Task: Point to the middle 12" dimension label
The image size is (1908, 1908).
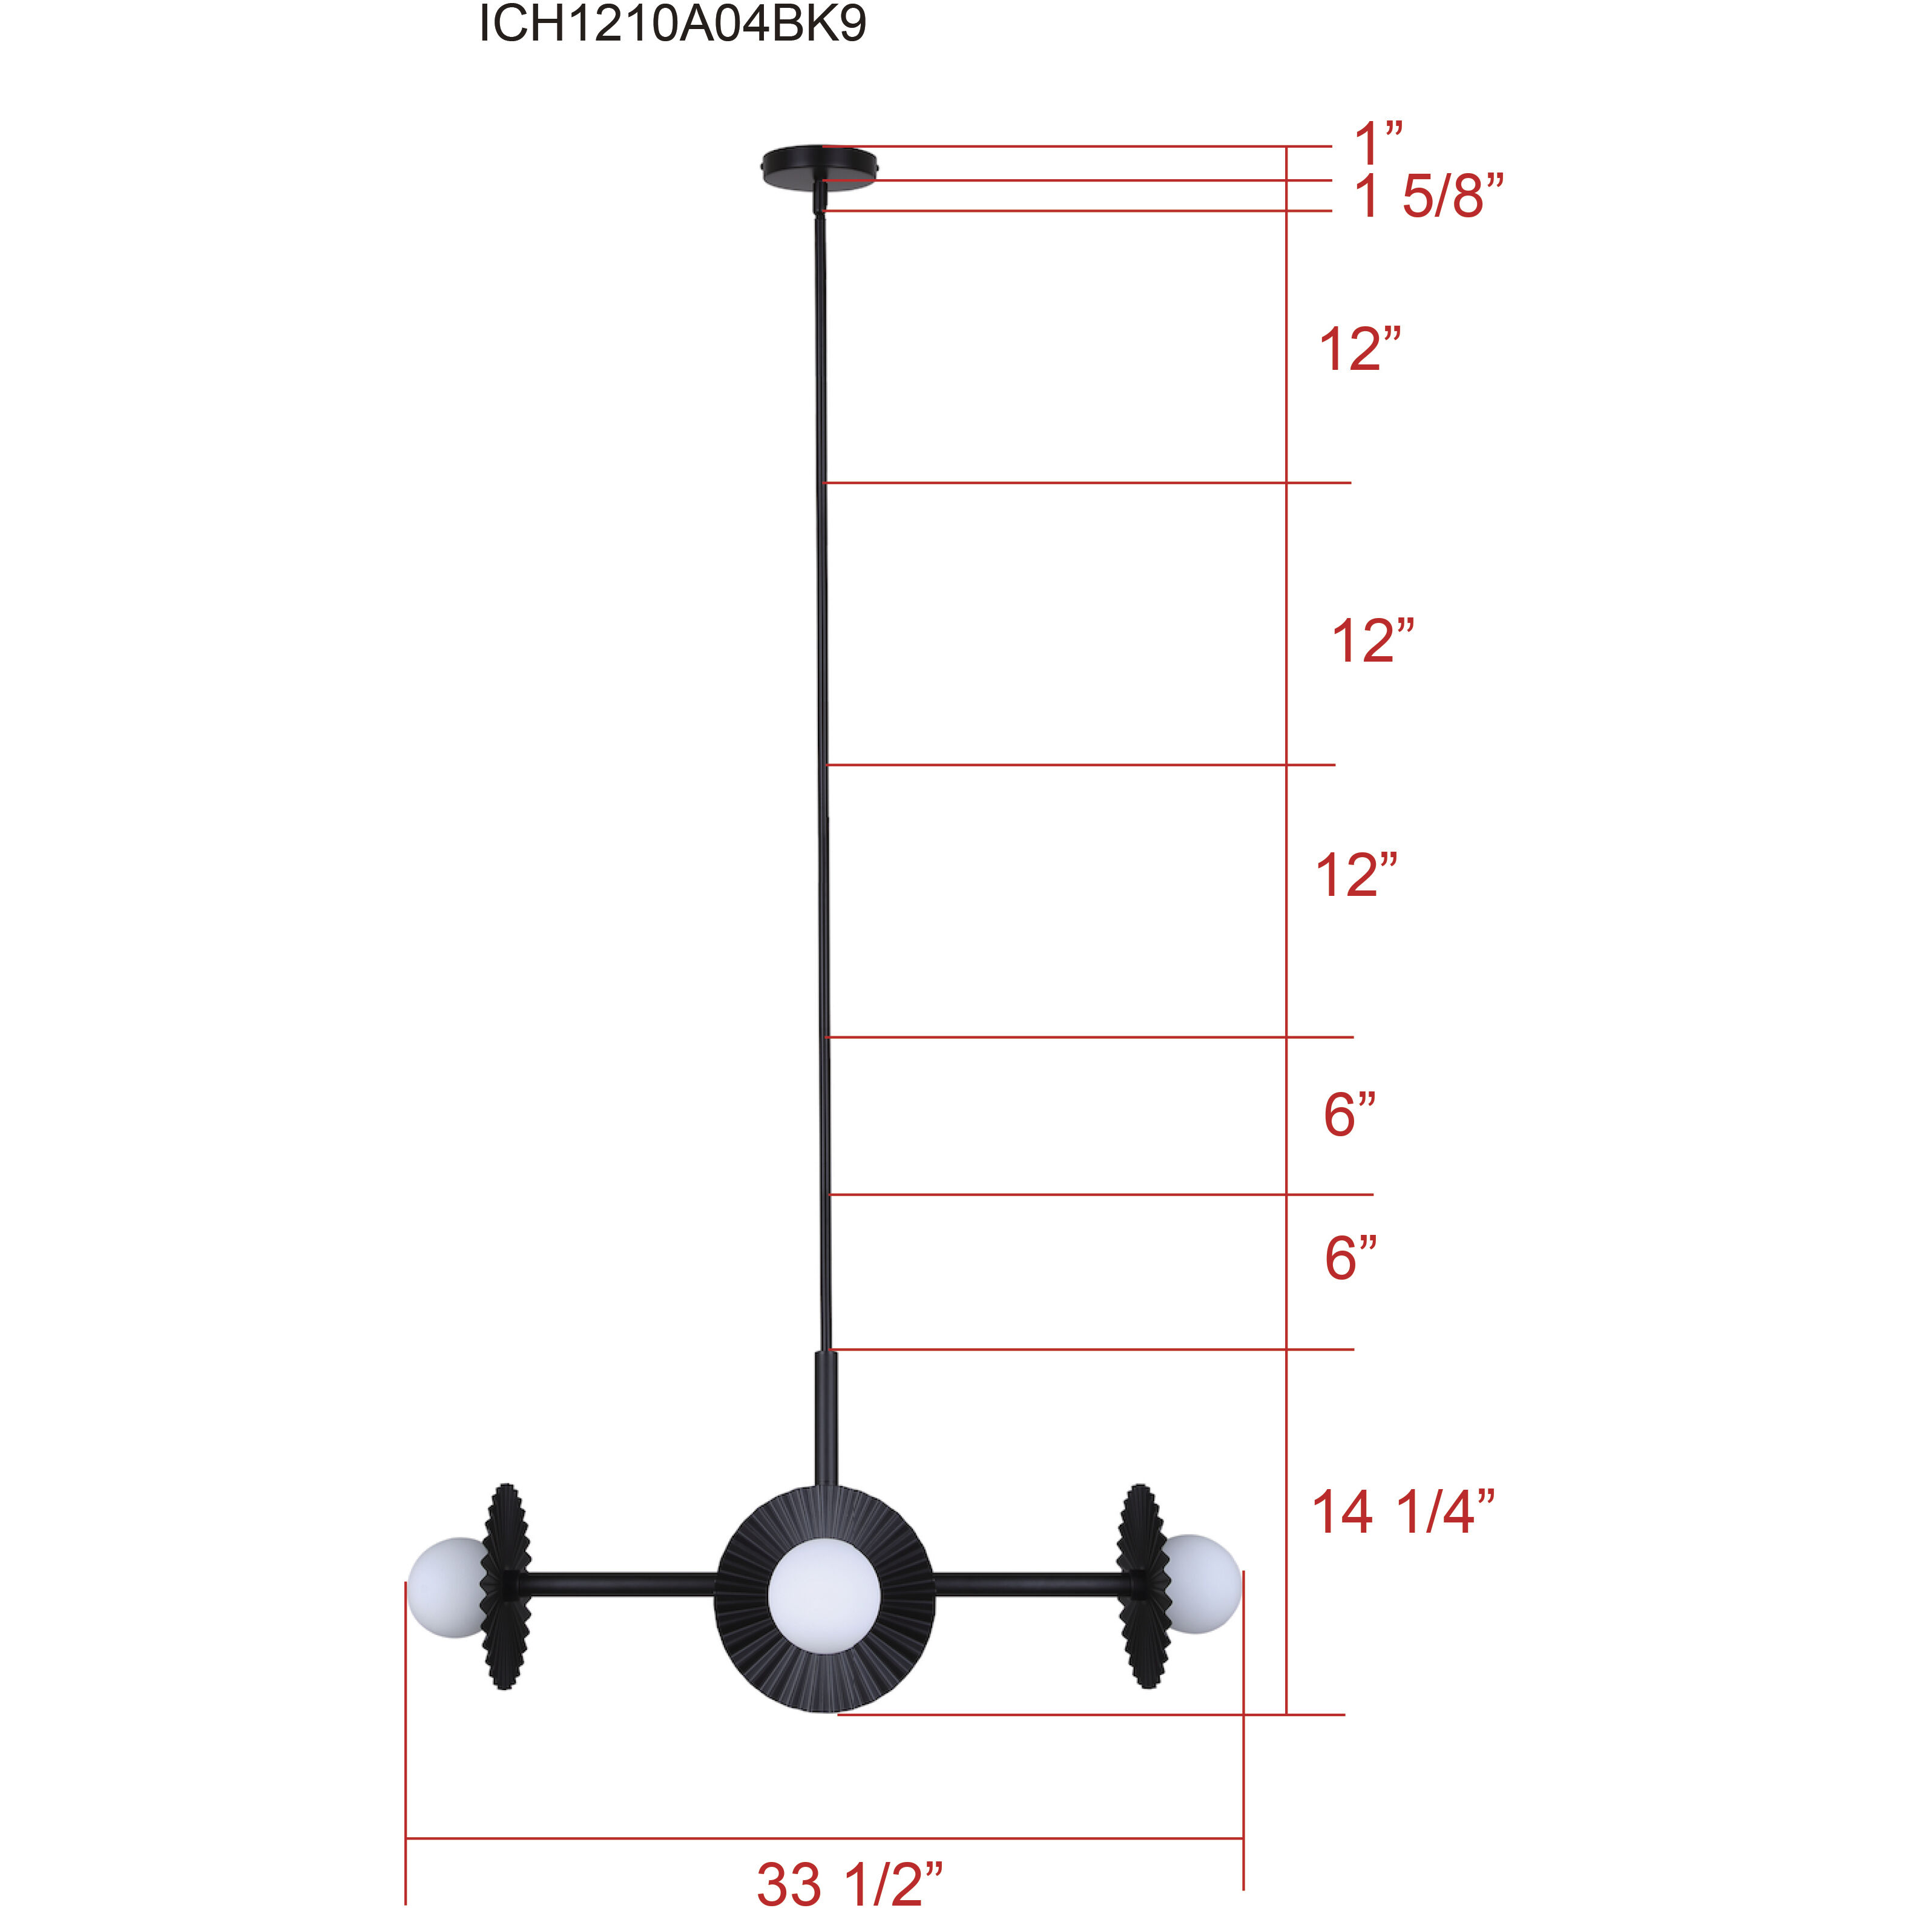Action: point(1373,641)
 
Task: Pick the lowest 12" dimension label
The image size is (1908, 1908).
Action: point(1356,875)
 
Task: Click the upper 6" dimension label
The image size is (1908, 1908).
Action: point(1350,1115)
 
